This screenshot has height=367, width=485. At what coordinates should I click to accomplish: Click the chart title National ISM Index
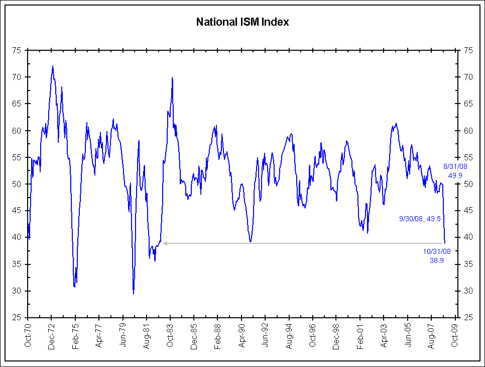coord(243,22)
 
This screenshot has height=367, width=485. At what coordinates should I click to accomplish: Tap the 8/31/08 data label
coord(455,166)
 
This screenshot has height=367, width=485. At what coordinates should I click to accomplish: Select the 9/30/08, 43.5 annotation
coord(420,219)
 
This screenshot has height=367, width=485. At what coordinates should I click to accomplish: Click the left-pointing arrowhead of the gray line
coord(165,243)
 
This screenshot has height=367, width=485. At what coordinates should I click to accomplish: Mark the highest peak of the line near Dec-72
coord(53,66)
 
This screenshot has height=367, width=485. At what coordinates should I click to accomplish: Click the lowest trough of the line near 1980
coord(134,294)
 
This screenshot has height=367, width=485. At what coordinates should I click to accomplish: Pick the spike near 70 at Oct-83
coord(172,77)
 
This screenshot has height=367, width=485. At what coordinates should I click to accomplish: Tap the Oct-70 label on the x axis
coord(28,336)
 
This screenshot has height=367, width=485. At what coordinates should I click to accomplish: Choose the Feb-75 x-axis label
coord(75,336)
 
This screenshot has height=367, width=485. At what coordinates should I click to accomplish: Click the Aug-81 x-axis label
coord(146,336)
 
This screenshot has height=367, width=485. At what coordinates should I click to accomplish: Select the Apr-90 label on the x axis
coord(241,336)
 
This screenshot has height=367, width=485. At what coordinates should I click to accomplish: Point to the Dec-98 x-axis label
coord(336,336)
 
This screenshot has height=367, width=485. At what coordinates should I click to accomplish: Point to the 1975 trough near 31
coord(74,287)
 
